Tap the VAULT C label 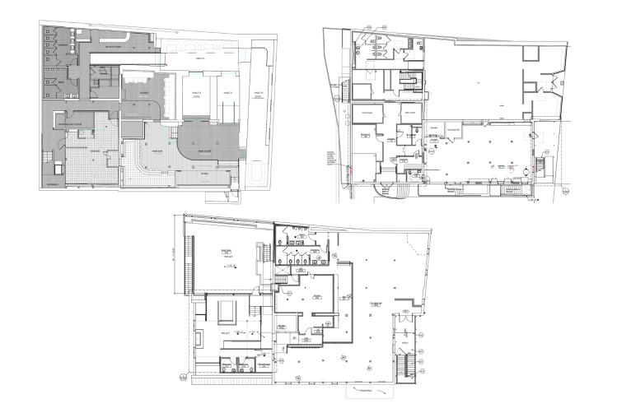(226, 94)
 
